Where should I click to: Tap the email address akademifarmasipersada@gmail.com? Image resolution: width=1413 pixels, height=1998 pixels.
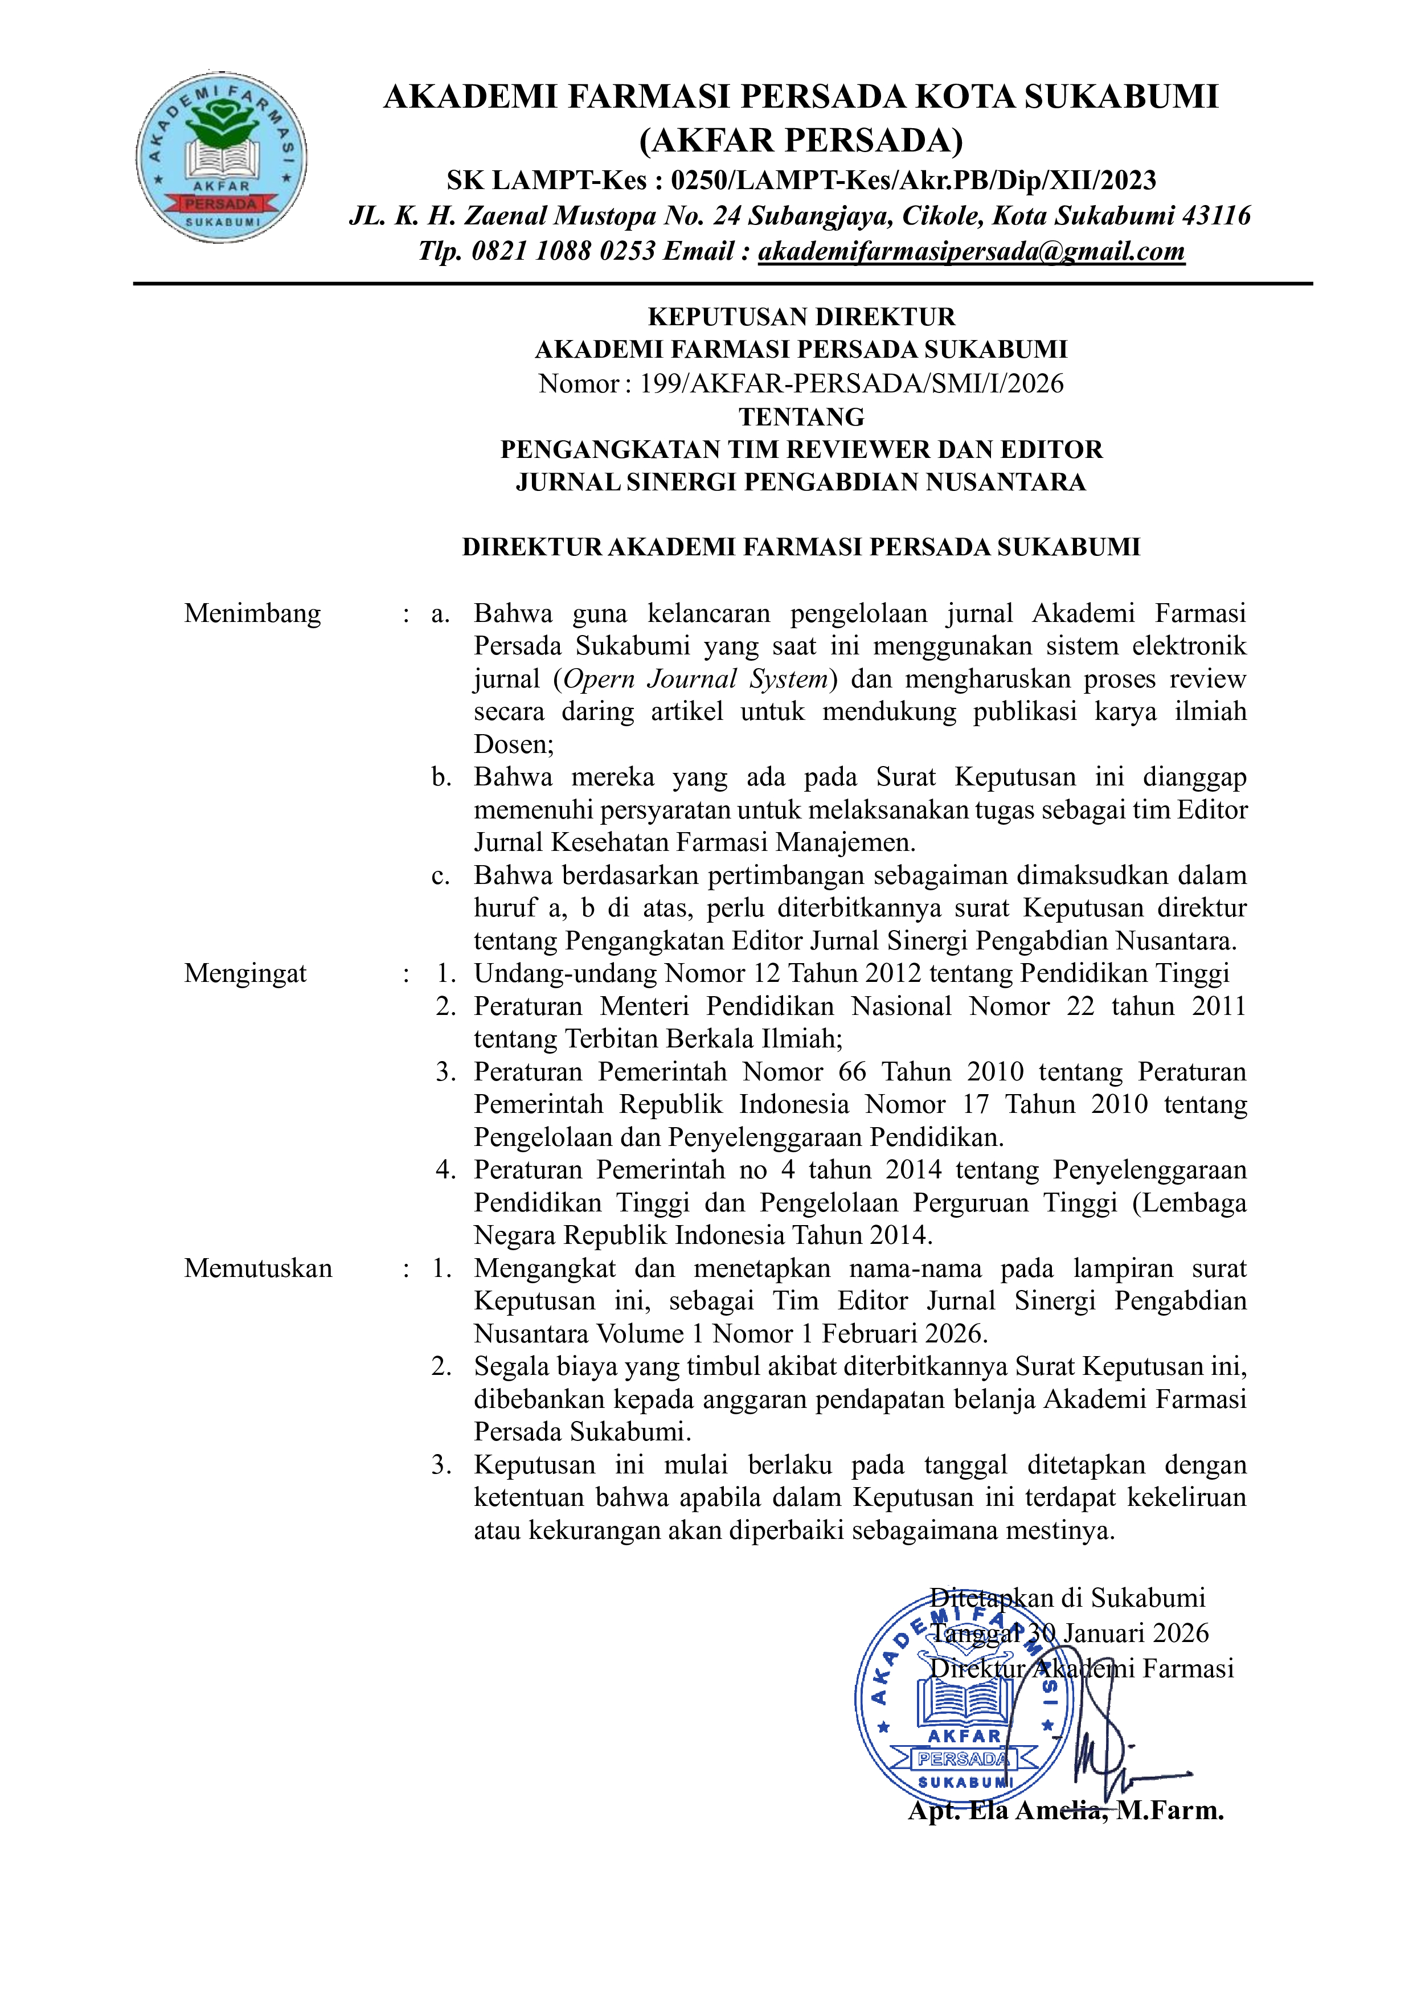tap(971, 252)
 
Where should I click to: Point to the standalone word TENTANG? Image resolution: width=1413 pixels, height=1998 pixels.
tap(801, 417)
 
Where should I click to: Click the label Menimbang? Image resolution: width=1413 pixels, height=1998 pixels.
tap(252, 613)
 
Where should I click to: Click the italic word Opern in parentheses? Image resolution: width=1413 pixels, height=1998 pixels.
tap(600, 679)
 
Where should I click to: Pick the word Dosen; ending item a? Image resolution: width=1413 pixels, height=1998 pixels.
tap(513, 744)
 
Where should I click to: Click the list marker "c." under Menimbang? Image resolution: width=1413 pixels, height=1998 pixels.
tap(441, 875)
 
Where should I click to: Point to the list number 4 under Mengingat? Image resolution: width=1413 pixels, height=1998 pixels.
tap(445, 1170)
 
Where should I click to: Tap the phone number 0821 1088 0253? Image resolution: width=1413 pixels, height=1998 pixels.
tap(563, 252)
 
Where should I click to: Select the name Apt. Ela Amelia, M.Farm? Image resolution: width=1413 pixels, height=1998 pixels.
tap(1065, 1811)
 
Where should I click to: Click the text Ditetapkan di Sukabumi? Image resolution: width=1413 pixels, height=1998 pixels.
tap(1067, 1598)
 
